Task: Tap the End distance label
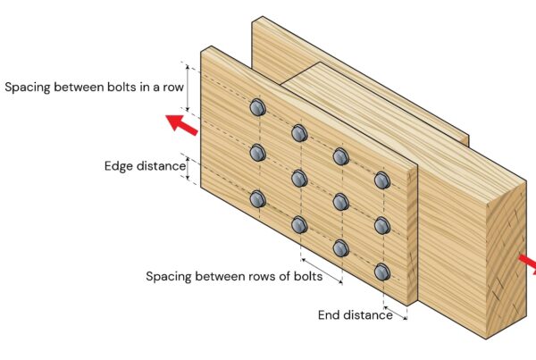pyautogui.click(x=355, y=314)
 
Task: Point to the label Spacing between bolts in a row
pyautogui.click(x=93, y=88)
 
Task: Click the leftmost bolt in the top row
pyautogui.click(x=257, y=108)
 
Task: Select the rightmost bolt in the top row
pyautogui.click(x=381, y=180)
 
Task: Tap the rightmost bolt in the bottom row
pyautogui.click(x=381, y=272)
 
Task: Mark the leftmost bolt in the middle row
pyautogui.click(x=257, y=153)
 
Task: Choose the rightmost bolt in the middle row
pyautogui.click(x=381, y=225)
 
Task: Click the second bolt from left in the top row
pyautogui.click(x=298, y=133)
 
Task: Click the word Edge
pyautogui.click(x=120, y=165)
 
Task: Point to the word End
pyautogui.click(x=330, y=314)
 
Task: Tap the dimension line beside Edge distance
pyautogui.click(x=187, y=167)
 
